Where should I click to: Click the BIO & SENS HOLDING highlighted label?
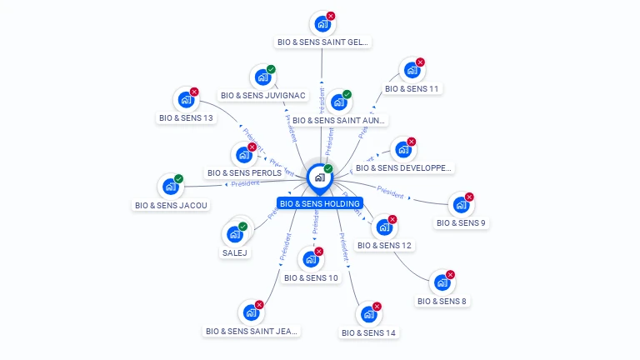click(320, 203)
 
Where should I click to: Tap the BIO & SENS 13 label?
click(186, 117)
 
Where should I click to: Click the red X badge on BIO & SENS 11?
click(420, 62)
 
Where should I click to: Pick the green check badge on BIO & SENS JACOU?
click(178, 179)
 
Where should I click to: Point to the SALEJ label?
click(235, 252)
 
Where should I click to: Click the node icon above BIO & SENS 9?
click(459, 205)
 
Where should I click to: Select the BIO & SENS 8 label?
click(442, 301)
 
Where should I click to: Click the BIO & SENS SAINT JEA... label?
click(252, 331)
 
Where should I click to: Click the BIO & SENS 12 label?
click(384, 245)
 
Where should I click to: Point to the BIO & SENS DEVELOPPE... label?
click(403, 167)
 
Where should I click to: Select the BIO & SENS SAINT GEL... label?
click(322, 42)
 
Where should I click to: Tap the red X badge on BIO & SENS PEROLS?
click(252, 147)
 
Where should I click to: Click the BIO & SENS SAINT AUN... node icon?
click(338, 102)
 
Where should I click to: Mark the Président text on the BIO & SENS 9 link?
click(390, 190)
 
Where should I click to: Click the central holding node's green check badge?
click(328, 168)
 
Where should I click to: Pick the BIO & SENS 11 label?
click(412, 88)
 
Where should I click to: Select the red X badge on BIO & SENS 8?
click(450, 275)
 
